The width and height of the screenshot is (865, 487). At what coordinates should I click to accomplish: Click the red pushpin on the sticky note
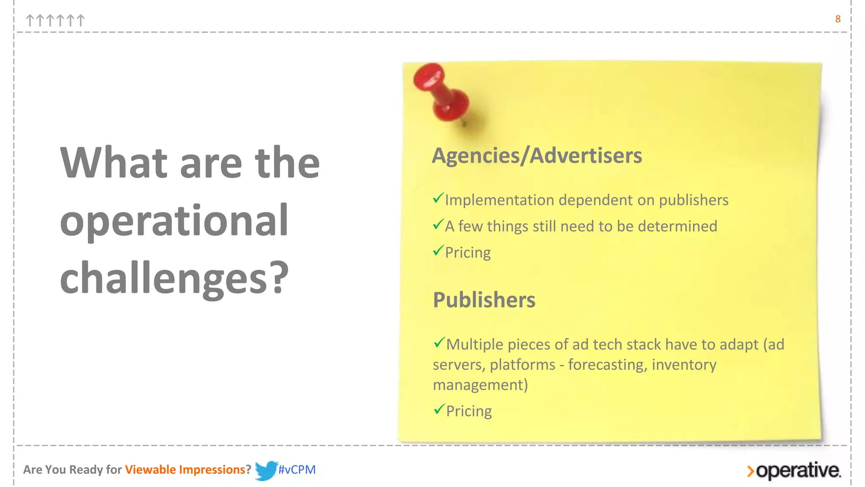click(441, 92)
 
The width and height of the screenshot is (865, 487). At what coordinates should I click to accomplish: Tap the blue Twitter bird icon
click(266, 470)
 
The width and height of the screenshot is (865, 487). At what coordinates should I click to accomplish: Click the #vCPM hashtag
click(297, 470)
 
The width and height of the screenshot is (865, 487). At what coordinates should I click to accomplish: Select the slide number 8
click(838, 19)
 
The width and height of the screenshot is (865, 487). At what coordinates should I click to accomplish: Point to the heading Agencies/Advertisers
click(537, 156)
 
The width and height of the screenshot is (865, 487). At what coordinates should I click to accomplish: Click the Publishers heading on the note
click(484, 300)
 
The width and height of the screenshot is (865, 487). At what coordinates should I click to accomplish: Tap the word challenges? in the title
click(174, 278)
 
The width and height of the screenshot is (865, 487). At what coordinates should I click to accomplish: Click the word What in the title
click(114, 163)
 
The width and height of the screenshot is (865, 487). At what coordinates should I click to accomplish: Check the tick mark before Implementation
click(438, 198)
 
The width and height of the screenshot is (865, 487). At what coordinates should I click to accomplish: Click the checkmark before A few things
click(438, 224)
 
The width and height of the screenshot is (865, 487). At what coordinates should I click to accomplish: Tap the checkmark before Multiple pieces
click(439, 342)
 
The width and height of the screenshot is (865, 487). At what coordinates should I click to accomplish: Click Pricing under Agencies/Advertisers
click(468, 253)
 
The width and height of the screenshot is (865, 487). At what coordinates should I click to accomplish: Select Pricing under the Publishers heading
click(469, 411)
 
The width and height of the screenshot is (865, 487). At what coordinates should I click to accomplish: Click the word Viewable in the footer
click(150, 470)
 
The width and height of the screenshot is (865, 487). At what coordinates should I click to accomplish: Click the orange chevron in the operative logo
click(750, 471)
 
